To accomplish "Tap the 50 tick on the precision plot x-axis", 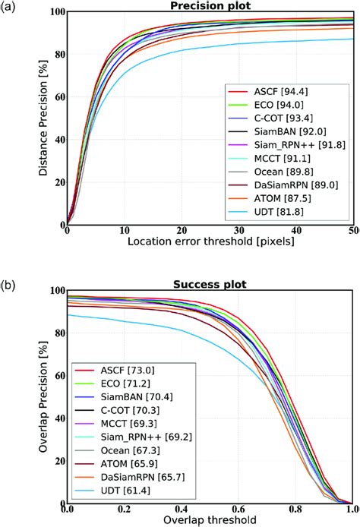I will pyautogui.click(x=352, y=230).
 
